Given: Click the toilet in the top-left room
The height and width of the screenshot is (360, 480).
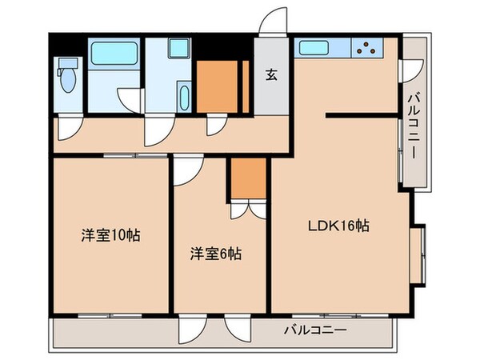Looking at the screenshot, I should tap(66, 80).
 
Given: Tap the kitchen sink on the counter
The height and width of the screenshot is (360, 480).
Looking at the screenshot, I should tap(318, 47).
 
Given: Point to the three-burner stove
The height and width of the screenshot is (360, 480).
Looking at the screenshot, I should tap(369, 48).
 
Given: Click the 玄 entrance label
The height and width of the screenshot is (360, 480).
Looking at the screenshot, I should tap(272, 76).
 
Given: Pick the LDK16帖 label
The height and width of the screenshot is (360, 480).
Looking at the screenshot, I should tap(338, 226).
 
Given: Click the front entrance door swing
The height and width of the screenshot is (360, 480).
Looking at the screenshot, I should tap(273, 23).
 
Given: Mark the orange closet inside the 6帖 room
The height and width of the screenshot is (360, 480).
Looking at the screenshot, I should tap(247, 178).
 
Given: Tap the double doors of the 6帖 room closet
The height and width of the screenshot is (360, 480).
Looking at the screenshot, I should tap(247, 208).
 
